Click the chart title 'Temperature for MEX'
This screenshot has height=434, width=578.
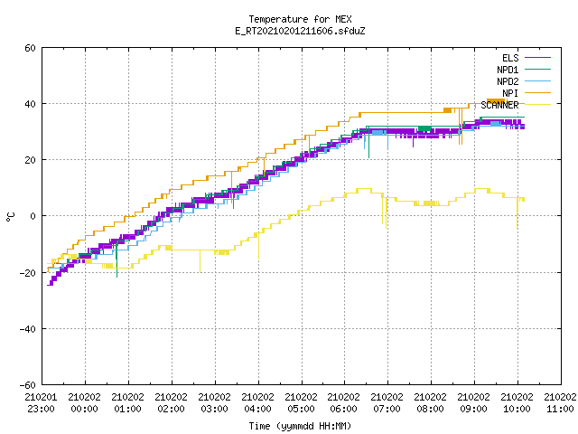point(300,19)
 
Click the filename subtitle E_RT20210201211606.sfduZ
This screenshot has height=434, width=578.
point(300,31)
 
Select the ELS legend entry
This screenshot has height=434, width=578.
point(510,58)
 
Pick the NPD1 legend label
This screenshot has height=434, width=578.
point(508,70)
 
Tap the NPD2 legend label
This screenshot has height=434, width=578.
point(508,81)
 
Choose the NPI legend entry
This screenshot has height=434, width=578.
point(510,93)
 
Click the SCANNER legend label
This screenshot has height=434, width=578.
point(499,105)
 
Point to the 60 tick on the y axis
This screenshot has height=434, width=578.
point(30,48)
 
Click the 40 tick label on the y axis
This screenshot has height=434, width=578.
point(30,104)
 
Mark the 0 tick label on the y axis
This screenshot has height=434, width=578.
point(33,216)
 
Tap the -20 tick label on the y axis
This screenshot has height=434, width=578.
point(28,273)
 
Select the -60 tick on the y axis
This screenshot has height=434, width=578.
point(28,385)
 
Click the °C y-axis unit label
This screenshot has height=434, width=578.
point(10,216)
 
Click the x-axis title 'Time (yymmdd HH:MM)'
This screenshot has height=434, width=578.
point(300,426)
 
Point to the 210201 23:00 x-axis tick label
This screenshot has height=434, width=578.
point(42,403)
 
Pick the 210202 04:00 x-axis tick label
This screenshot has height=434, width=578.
point(258,403)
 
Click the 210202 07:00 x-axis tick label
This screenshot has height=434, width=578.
point(387,403)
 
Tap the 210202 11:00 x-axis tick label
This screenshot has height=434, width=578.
point(560,403)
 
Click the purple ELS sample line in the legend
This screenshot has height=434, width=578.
point(537,58)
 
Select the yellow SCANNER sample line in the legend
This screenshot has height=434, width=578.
point(537,105)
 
